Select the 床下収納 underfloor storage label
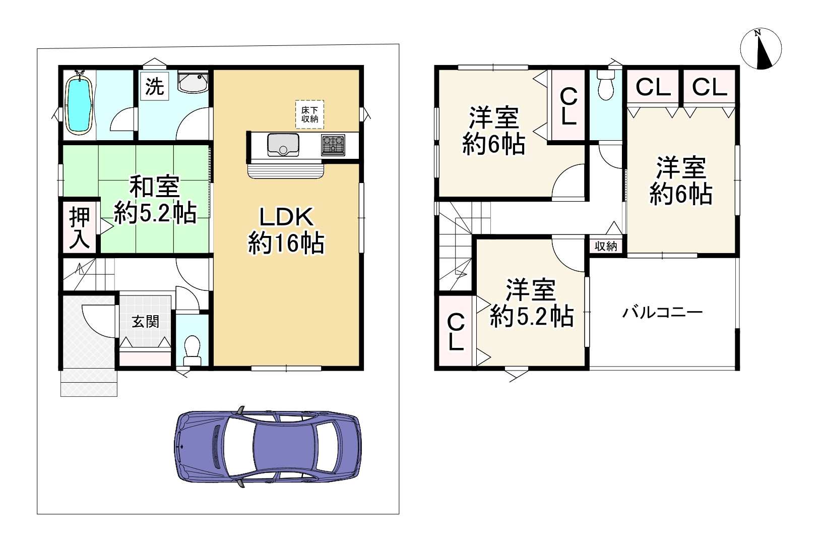point(309,115)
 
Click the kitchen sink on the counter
point(283,145)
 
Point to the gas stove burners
point(332,145)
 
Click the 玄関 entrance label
point(145,321)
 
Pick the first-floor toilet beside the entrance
point(192,348)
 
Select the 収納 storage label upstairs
point(606,246)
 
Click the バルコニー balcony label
point(662,313)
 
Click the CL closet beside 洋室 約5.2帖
point(456,332)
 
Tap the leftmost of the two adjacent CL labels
point(653,87)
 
